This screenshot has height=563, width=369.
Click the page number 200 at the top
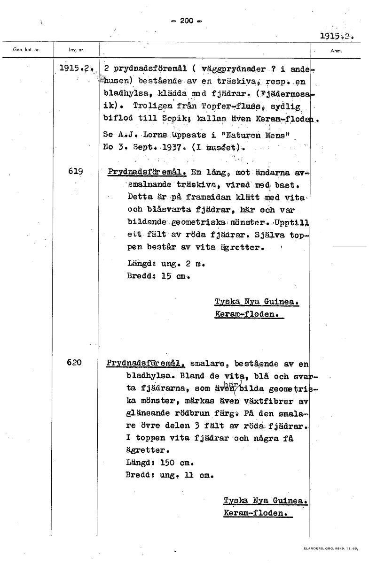coord(187,21)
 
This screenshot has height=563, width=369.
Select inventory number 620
coord(75,362)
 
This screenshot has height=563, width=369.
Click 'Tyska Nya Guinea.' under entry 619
coord(257,301)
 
